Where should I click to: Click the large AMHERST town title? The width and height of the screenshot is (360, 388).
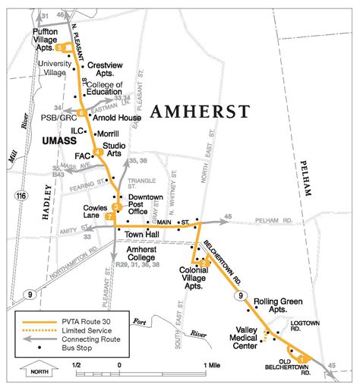click(x=200, y=112)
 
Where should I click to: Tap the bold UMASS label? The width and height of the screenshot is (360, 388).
click(x=51, y=141)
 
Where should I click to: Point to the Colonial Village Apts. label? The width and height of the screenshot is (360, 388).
click(x=200, y=273)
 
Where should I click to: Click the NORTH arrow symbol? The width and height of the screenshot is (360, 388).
click(x=38, y=370)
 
